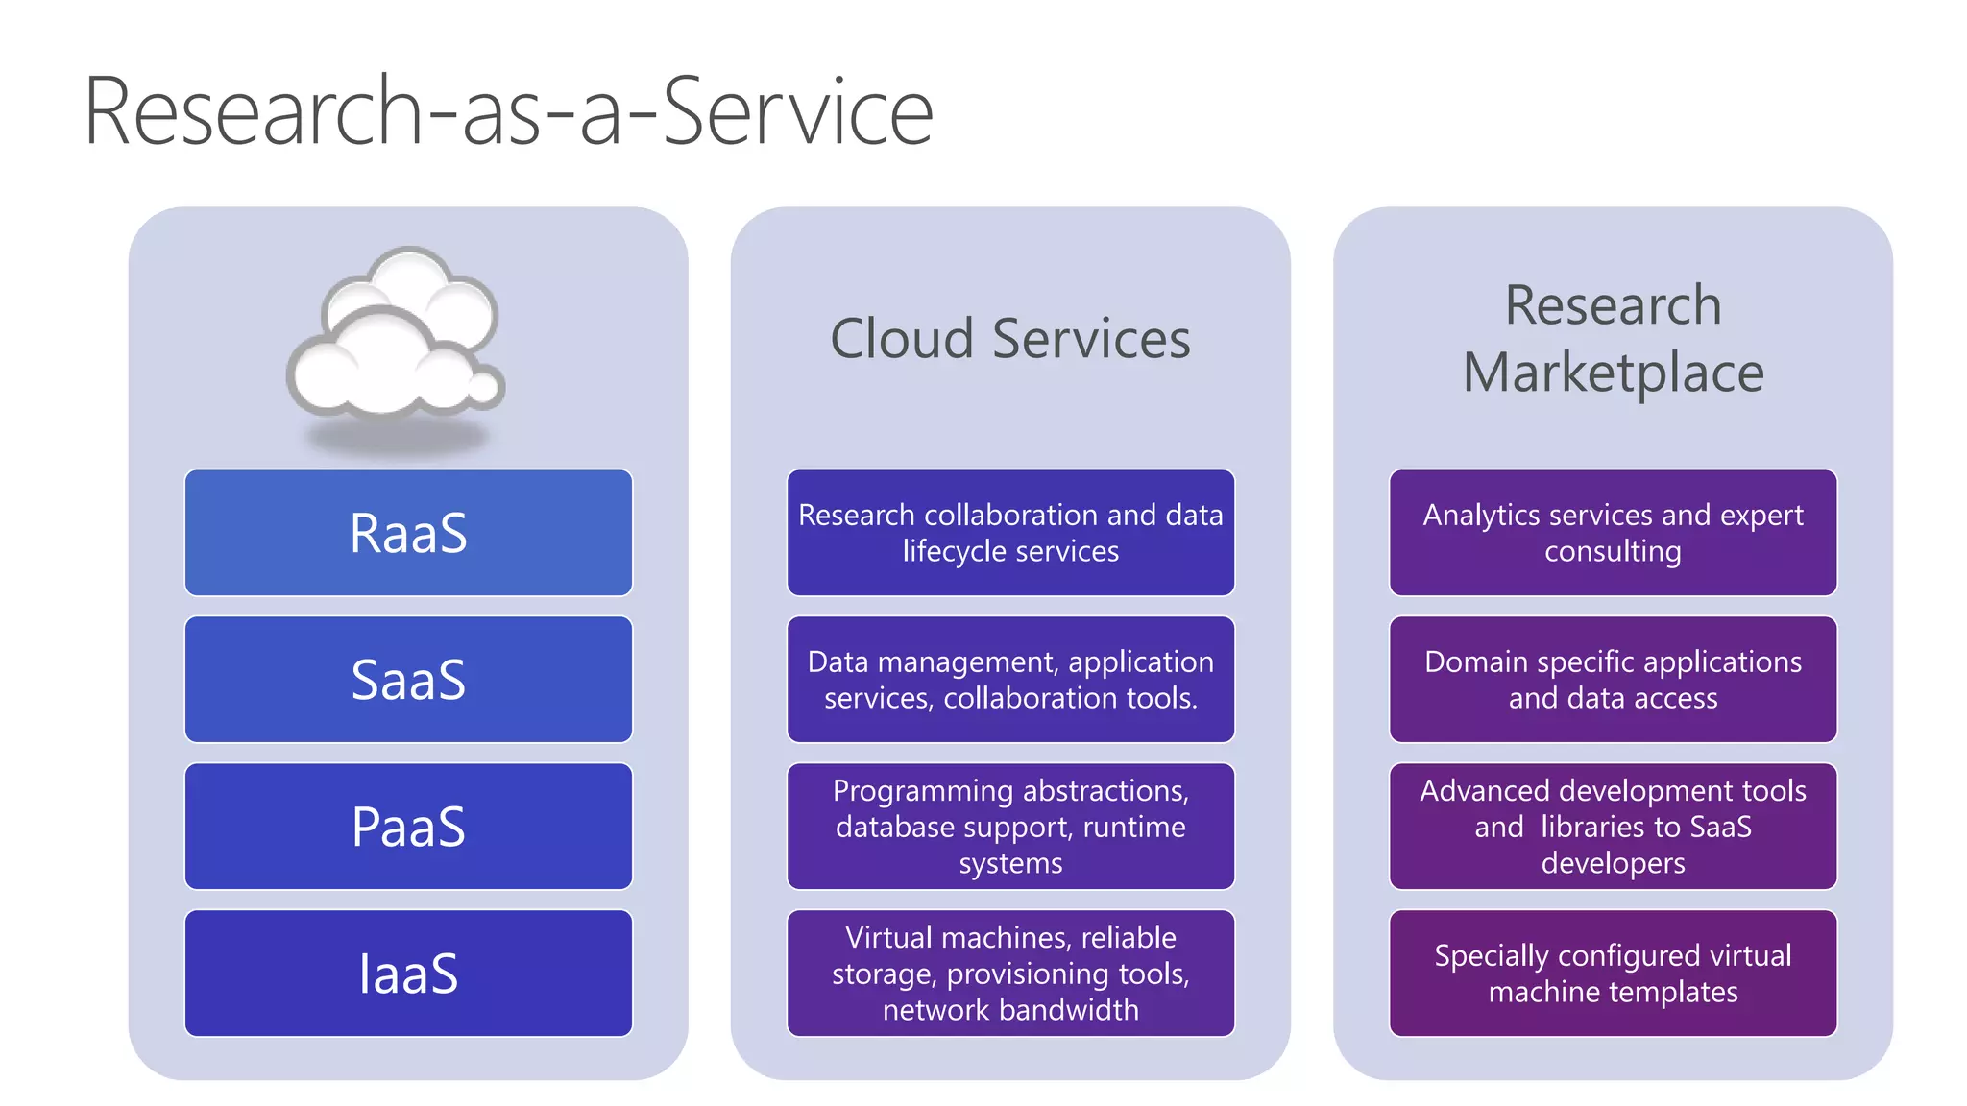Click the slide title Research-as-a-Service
tap(508, 112)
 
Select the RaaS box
tap(408, 533)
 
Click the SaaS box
tap(408, 680)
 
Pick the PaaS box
tap(408, 827)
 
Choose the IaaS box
tap(408, 974)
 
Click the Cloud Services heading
tap(1009, 339)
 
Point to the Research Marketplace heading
tap(1613, 339)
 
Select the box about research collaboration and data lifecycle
tap(1009, 533)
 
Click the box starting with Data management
tap(1009, 680)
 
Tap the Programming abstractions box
tap(1009, 827)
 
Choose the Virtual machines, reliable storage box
tap(1009, 974)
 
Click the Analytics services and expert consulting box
tap(1613, 533)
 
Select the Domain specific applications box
tap(1613, 680)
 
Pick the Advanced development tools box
tap(1613, 827)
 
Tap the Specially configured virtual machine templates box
tap(1613, 974)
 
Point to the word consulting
tap(1613, 551)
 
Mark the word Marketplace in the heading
tap(1613, 373)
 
